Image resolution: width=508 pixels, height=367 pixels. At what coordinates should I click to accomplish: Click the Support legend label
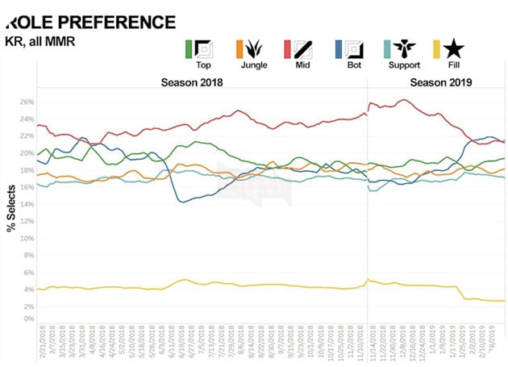coord(403,64)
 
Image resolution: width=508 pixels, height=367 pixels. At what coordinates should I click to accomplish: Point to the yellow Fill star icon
coord(444,49)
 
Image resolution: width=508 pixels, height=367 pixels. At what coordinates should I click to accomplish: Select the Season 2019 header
coord(440,82)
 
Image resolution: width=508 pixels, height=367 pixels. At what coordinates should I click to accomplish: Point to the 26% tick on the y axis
coord(26,102)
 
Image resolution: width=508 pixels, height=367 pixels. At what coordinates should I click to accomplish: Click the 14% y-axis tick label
coord(26,204)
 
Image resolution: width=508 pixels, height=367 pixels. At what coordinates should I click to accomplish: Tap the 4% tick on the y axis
coord(27,289)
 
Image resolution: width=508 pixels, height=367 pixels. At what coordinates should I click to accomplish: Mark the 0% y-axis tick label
coord(27,319)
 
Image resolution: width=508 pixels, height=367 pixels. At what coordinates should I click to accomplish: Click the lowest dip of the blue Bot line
coord(183,202)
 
